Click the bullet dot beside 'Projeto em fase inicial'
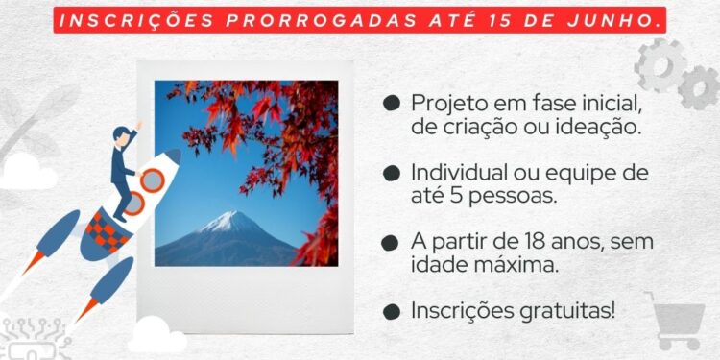click(x=391, y=102)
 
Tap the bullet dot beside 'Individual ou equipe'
click(x=391, y=173)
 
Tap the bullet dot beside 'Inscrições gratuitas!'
click(x=391, y=312)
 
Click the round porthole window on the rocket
click(x=152, y=180)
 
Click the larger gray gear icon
click(x=661, y=67)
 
